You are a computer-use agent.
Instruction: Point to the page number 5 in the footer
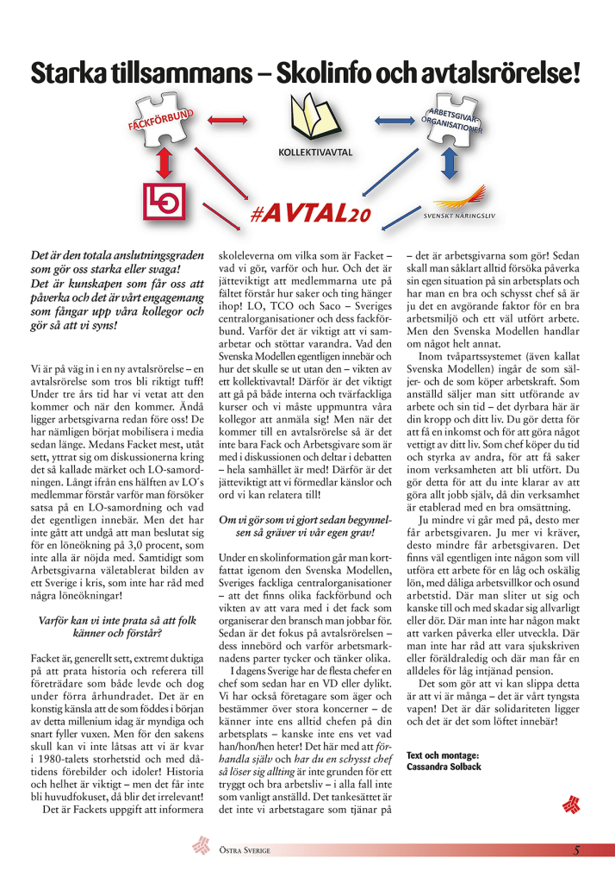click(x=576, y=850)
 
